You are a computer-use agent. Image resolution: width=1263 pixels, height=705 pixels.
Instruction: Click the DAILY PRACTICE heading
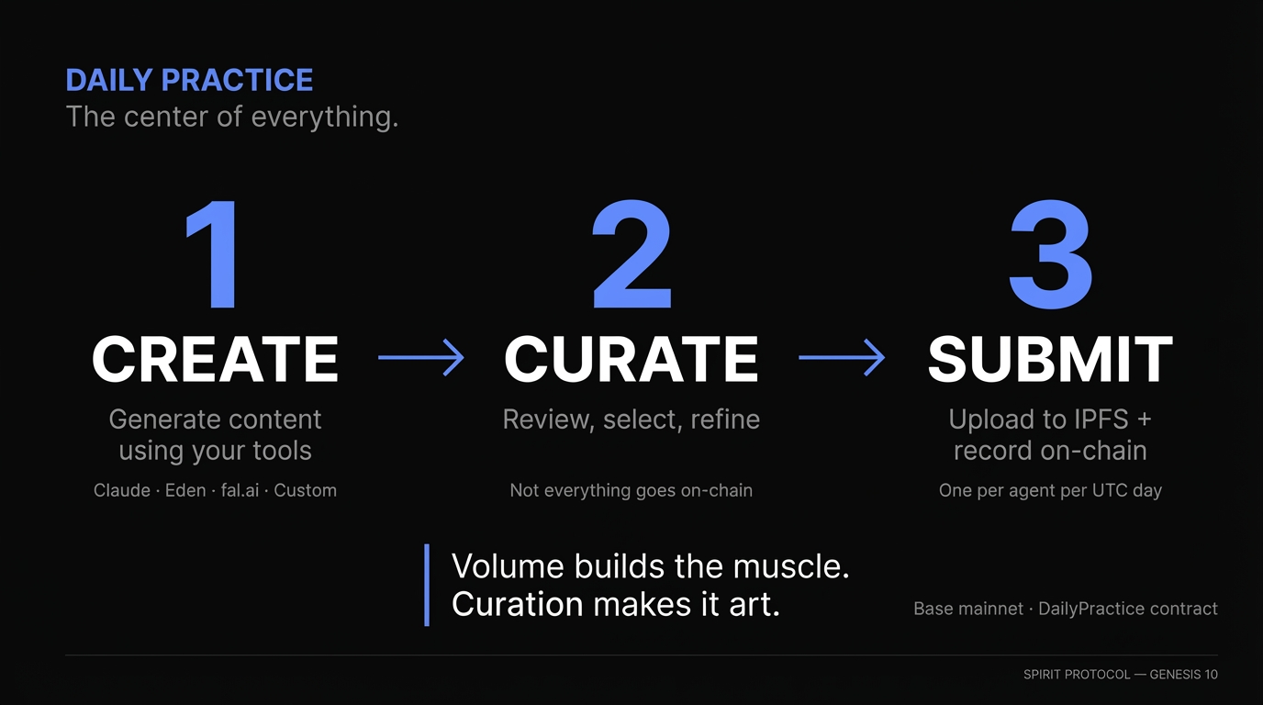click(x=189, y=81)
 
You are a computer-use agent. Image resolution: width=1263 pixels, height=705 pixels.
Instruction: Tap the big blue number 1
click(x=215, y=256)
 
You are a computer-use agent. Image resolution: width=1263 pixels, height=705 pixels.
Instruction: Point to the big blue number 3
click(x=1050, y=256)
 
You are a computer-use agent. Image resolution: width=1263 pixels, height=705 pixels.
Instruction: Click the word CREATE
click(x=215, y=359)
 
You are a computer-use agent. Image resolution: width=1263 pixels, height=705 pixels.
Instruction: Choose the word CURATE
click(x=631, y=359)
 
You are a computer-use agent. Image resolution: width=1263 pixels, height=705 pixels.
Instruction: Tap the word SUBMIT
click(x=1050, y=359)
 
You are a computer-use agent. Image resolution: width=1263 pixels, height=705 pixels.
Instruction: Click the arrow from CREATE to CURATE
click(x=420, y=357)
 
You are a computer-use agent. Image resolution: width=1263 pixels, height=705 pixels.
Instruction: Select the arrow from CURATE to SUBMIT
click(x=841, y=357)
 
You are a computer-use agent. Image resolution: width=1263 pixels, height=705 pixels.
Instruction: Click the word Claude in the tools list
click(x=121, y=491)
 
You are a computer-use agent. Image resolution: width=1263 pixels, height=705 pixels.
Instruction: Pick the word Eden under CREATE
click(x=185, y=491)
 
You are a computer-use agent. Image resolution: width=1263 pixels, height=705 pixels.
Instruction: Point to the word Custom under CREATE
click(x=305, y=491)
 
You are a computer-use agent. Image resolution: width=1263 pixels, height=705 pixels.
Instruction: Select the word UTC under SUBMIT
click(x=1104, y=491)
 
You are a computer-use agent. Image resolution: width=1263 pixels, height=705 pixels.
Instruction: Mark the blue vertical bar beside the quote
click(x=427, y=585)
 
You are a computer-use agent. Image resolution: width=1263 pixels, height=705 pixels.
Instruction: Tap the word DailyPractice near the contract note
click(x=1091, y=609)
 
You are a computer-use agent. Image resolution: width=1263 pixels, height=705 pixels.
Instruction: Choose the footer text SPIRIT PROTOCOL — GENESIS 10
click(x=1120, y=675)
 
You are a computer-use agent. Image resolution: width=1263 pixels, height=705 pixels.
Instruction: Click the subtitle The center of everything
click(x=231, y=117)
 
